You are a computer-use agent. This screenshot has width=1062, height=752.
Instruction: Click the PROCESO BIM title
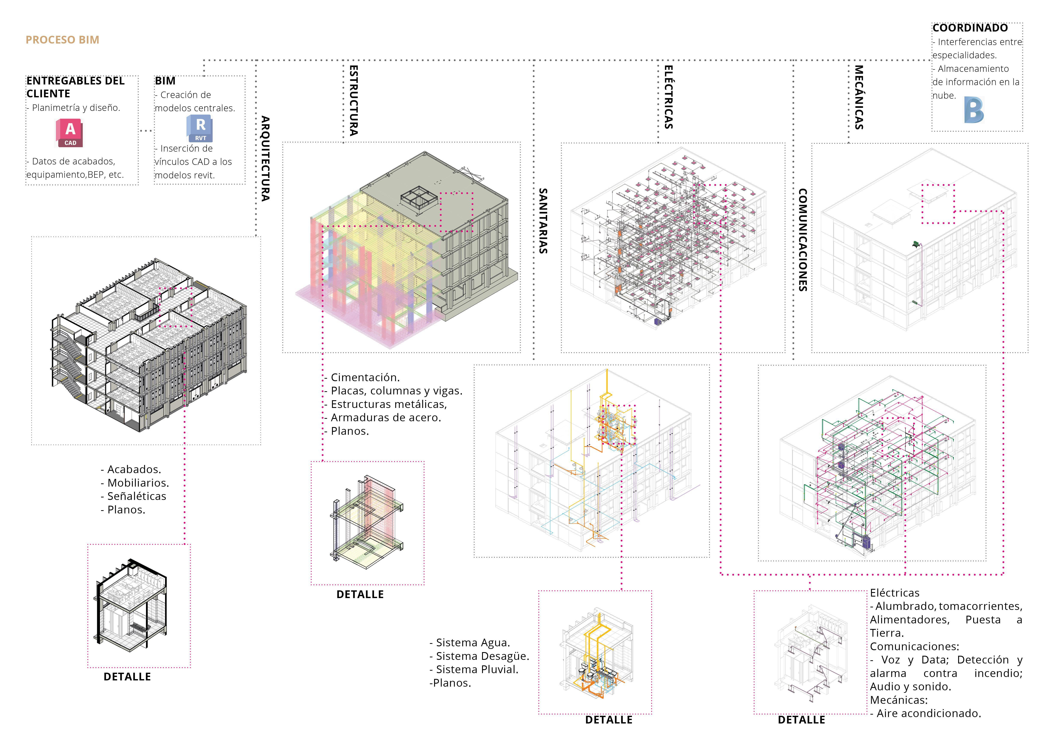63,40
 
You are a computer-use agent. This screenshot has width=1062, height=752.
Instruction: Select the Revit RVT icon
200,128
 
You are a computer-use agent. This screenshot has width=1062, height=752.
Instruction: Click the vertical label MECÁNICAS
858,97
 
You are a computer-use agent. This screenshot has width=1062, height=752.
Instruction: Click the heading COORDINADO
970,28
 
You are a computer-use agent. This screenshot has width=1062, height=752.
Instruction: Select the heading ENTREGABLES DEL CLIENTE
75,87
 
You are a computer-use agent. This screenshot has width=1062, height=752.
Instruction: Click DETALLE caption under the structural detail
360,595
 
